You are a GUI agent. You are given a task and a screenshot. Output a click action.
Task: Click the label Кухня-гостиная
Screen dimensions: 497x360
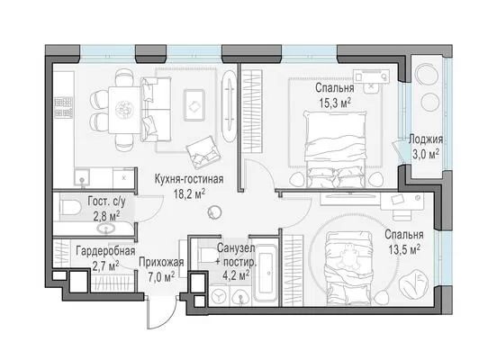pyautogui.click(x=189, y=179)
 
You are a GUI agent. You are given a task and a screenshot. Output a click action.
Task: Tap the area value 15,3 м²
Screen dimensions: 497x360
pyautogui.click(x=335, y=103)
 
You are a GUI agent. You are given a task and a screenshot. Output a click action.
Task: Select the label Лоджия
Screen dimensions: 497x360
pyautogui.click(x=426, y=139)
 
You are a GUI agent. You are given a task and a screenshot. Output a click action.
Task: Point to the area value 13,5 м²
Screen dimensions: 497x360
pyautogui.click(x=404, y=249)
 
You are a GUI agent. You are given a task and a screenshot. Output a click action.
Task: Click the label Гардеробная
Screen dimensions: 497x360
pyautogui.click(x=105, y=251)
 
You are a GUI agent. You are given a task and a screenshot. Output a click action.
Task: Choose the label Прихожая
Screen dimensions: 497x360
pyautogui.click(x=161, y=262)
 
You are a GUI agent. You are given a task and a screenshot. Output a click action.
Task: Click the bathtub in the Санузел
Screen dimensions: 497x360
pyautogui.click(x=266, y=272)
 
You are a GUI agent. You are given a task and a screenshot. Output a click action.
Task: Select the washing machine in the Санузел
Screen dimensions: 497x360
pyautogui.click(x=218, y=297)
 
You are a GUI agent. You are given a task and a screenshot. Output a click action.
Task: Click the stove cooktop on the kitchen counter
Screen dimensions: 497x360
pyautogui.click(x=63, y=107)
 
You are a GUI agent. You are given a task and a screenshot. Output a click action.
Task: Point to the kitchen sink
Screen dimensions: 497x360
pyautogui.click(x=82, y=177)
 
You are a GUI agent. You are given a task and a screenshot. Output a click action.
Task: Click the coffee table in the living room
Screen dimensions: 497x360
pyautogui.click(x=194, y=105)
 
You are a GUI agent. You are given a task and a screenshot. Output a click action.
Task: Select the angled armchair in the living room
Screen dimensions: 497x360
pyautogui.click(x=203, y=152)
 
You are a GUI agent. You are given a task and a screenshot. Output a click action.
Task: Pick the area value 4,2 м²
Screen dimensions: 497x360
pyautogui.click(x=235, y=274)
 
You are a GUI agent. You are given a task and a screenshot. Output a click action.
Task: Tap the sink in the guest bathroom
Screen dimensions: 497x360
pyautogui.click(x=105, y=229)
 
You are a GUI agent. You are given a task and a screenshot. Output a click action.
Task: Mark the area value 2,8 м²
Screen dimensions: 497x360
pyautogui.click(x=106, y=216)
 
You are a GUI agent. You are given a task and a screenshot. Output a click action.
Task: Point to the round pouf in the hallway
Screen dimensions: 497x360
pyautogui.click(x=214, y=212)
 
